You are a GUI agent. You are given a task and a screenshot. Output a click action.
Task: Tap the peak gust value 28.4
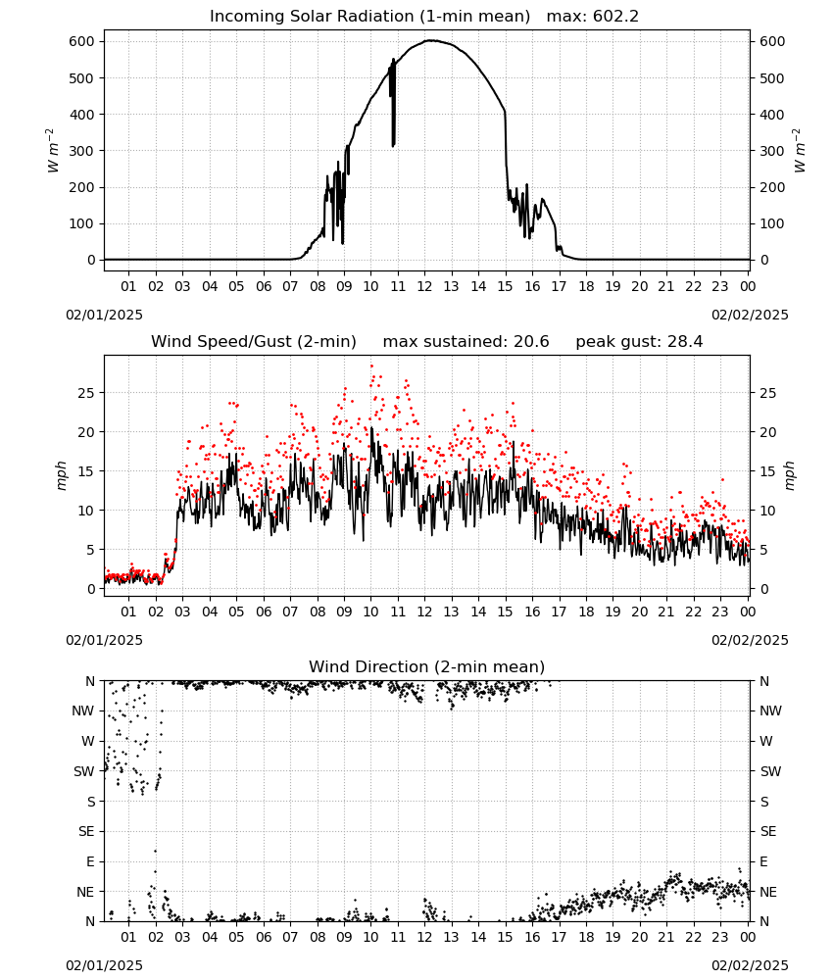tap(683, 342)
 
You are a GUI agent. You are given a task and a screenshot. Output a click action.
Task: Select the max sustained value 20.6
tap(531, 342)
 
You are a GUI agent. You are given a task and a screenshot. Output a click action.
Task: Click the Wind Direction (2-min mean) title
tap(427, 666)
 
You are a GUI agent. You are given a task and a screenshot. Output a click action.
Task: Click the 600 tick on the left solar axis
tap(82, 42)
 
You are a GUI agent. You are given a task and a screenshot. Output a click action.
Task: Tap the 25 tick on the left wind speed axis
tap(87, 393)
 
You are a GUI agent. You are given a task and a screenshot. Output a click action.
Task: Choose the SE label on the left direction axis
tap(86, 832)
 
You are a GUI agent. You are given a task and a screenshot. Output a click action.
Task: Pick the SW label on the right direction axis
tap(770, 772)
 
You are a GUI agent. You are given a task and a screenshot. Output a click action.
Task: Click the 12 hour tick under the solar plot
tap(425, 287)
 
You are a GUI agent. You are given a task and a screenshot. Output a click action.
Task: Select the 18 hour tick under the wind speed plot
tap(586, 612)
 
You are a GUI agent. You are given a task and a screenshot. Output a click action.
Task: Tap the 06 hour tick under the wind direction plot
tap(264, 938)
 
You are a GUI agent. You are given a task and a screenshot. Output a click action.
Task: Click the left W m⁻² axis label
tap(52, 151)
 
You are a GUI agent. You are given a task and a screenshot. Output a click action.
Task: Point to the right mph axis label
tap(789, 476)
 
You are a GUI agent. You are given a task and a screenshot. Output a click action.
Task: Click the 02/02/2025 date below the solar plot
tap(750, 315)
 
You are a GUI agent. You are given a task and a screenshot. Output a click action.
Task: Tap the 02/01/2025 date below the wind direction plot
tap(104, 966)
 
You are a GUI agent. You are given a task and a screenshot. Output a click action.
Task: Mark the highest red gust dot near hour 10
tap(371, 367)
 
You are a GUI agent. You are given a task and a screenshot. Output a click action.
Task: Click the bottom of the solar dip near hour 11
tap(393, 146)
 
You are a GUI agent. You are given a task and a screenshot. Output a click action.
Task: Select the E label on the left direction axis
tap(90, 861)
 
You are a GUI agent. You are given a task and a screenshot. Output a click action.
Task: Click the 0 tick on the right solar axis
tap(764, 260)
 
